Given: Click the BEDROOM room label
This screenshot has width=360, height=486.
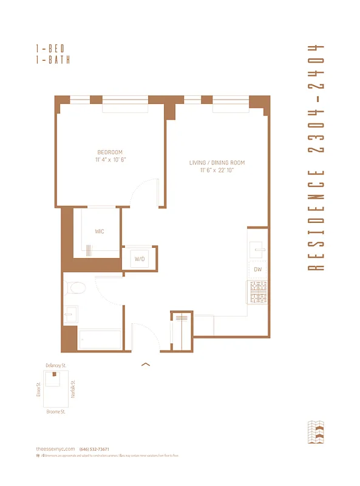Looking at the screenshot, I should coord(110,152).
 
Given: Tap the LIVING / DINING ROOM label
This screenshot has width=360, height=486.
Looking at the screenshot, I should coord(217,163).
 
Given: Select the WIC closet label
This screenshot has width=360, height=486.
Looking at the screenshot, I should coord(100,231).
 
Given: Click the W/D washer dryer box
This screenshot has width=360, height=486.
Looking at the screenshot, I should coord(140,259).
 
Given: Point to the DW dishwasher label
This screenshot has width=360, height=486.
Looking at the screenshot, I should coord(258,269).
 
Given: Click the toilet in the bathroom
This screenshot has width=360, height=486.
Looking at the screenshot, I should coord(76,287).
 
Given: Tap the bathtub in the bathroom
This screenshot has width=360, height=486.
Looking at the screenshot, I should coord(100,338).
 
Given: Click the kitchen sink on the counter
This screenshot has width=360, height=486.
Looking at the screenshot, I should coord(257,248).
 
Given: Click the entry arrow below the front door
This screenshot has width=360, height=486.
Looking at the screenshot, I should coord(145,364).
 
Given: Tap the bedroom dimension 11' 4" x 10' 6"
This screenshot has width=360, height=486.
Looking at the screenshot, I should coord(110,160).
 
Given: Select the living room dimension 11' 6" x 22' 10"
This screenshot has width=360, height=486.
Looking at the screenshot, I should coord(217,171).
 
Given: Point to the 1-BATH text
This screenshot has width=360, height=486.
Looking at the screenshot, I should coord(53,60).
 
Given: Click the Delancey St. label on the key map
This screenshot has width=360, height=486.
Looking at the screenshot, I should coord(55,365).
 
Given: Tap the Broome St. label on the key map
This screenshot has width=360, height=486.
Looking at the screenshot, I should coord(55,411).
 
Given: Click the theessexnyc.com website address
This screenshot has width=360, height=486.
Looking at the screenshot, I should coord(55,449).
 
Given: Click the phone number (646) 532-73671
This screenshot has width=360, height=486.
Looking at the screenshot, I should coord(94,449).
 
